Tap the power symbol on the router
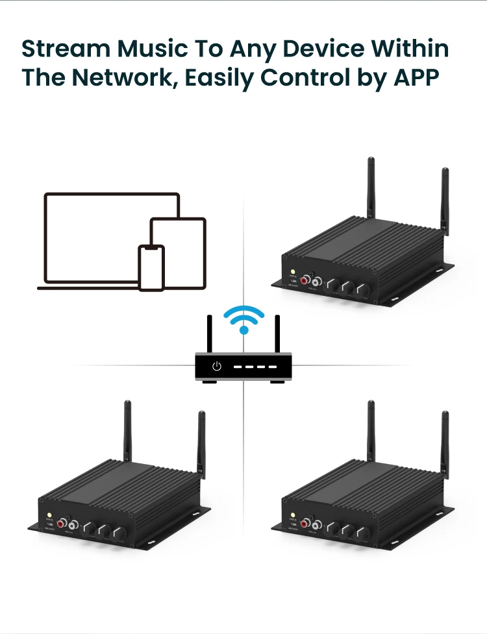pyautogui.click(x=217, y=367)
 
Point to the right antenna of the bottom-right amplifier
pyautogui.click(x=445, y=445)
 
